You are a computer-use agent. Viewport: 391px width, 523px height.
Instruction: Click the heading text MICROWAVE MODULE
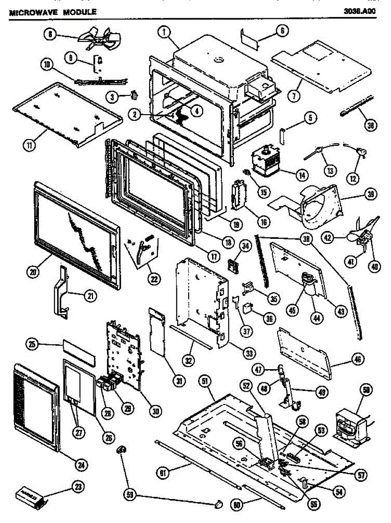52,12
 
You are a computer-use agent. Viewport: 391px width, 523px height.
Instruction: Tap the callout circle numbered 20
33,272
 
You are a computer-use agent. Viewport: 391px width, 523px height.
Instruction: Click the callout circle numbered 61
162,471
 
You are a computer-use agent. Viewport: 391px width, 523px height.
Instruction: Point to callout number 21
89,295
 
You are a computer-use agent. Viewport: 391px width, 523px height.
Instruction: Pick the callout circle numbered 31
179,381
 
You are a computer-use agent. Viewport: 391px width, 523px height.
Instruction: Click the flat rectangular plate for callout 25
79,349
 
